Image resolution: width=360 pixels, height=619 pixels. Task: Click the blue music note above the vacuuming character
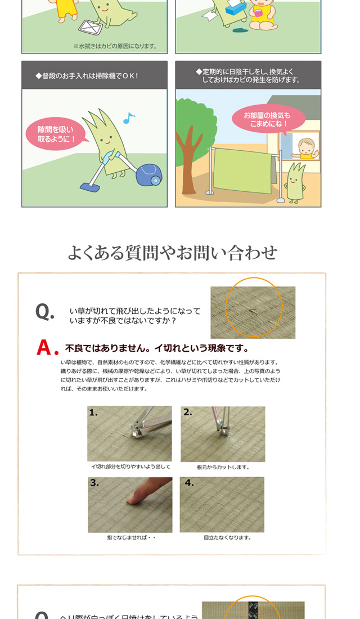129,118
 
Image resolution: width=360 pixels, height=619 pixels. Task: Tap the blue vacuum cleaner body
149,175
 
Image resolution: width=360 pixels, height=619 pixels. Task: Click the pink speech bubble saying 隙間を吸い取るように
56,134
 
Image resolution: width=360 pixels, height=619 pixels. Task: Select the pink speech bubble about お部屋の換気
268,119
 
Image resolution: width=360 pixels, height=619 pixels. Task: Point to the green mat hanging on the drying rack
242,170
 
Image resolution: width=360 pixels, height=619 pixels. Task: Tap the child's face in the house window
307,147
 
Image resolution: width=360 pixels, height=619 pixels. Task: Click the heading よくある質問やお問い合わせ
172,252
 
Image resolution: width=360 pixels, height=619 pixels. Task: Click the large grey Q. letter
44,312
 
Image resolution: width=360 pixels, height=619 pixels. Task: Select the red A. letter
47,347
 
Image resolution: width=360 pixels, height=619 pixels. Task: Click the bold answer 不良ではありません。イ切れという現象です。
157,348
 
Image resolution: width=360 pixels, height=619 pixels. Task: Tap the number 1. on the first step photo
93,412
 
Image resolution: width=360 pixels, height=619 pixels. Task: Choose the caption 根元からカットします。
223,467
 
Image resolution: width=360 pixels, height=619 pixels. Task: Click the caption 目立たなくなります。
227,537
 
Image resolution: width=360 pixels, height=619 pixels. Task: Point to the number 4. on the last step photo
189,483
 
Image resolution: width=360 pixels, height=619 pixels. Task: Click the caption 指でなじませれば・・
131,537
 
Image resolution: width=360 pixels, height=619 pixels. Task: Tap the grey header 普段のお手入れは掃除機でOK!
87,76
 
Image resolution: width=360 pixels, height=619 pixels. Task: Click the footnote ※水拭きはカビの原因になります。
115,46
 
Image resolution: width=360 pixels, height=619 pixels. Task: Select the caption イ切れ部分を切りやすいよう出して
130,467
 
